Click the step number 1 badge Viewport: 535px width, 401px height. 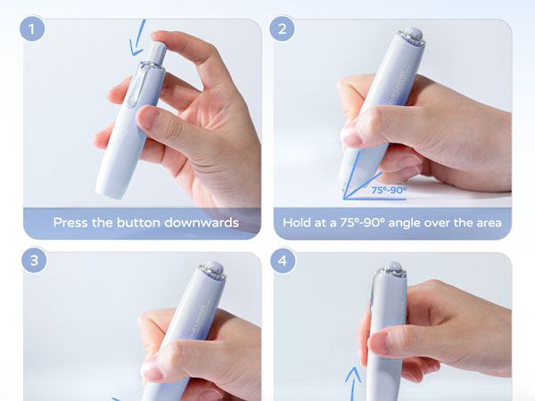click(35, 29)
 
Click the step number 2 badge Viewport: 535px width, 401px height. click(284, 29)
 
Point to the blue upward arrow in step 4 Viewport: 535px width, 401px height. click(352, 379)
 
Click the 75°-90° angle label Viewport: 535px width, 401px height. click(389, 190)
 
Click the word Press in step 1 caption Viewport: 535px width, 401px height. click(71, 223)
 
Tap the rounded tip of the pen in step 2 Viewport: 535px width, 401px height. click(413, 36)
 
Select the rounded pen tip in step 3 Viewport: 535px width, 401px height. click(212, 267)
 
